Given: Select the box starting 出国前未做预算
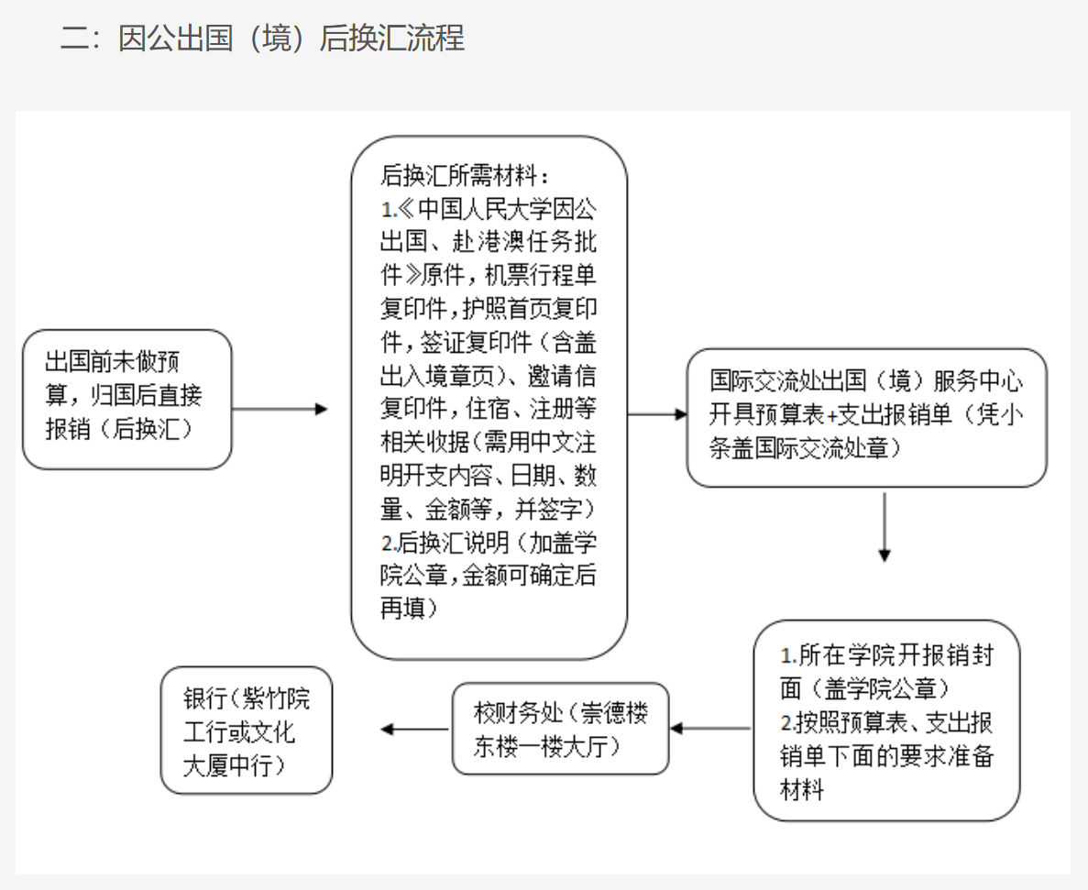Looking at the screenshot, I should coord(126,399).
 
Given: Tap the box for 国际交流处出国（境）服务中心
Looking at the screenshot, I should coord(866,417).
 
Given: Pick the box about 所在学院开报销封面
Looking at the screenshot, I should coord(886,720).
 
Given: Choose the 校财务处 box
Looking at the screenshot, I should coord(560,729).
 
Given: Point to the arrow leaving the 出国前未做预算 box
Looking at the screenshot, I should coord(280,409).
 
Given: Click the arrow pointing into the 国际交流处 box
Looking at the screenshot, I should coord(657,414).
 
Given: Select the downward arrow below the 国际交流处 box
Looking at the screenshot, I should coord(884,527).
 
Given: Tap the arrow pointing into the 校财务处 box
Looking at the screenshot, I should coord(711,729).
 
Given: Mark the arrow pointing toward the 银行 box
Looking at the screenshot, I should coord(413,729).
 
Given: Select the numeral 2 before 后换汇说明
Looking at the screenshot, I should coord(386,543).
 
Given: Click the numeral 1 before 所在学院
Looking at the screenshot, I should coord(786,656).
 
